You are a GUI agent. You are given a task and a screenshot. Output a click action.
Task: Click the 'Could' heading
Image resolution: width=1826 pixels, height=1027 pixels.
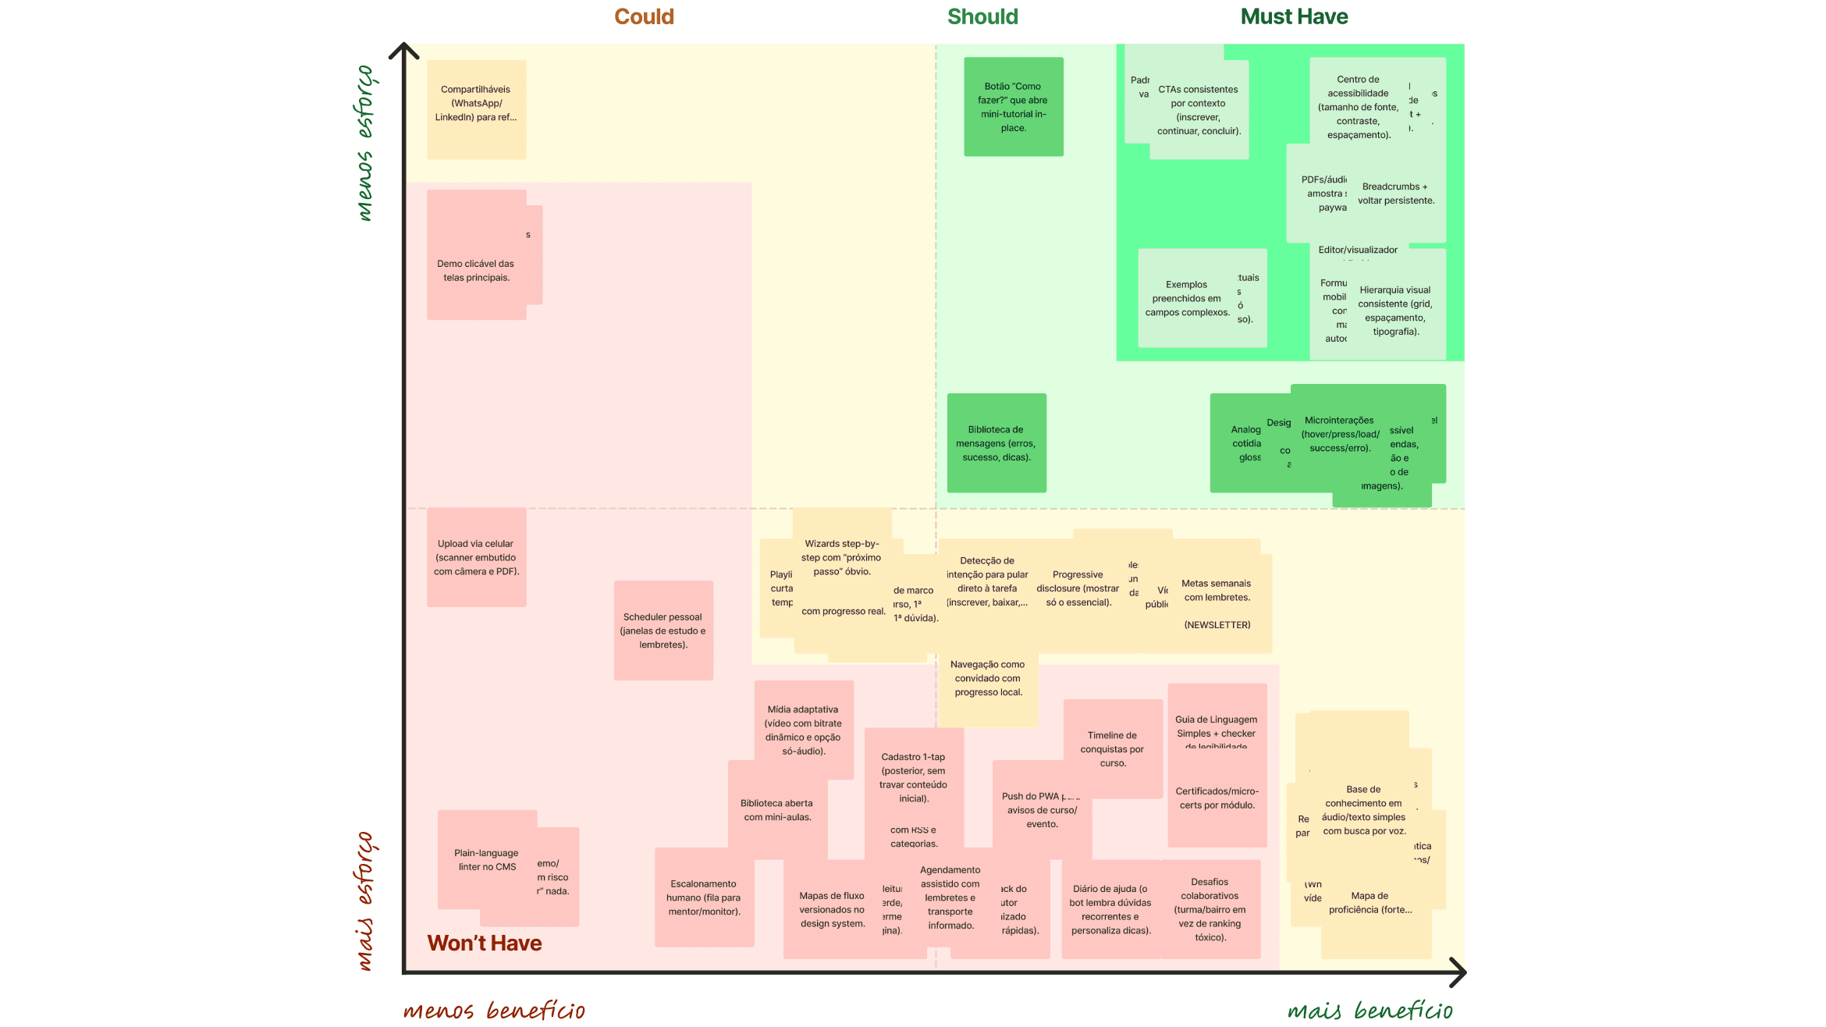[644, 16]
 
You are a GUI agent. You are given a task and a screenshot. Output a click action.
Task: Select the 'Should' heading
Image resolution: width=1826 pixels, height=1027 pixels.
[982, 16]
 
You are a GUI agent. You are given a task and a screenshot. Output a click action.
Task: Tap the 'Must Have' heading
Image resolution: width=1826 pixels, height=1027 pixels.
[1294, 16]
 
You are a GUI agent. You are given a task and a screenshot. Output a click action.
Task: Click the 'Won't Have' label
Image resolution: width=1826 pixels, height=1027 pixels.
[484, 943]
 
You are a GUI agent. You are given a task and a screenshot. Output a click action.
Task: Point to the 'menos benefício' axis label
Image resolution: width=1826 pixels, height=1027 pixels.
[493, 1011]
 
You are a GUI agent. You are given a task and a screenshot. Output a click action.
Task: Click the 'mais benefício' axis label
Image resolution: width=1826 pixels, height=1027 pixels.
[1369, 1011]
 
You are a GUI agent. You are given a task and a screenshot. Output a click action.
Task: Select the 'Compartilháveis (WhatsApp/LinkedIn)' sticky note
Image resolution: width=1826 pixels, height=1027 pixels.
[476, 109]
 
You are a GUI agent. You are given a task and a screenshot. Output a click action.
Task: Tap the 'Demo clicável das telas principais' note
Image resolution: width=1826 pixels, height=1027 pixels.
[476, 270]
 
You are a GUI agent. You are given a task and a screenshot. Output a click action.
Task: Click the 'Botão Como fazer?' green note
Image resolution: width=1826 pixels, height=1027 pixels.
[1013, 107]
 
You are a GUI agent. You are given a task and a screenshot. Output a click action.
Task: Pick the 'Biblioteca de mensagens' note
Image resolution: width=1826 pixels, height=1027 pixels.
[996, 443]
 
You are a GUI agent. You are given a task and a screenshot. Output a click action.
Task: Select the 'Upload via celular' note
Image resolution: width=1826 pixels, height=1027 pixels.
[476, 557]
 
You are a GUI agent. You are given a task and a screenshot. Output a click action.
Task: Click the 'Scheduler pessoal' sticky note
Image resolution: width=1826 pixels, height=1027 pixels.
[663, 631]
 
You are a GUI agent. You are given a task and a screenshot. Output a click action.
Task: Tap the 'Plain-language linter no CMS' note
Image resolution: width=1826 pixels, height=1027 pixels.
[486, 859]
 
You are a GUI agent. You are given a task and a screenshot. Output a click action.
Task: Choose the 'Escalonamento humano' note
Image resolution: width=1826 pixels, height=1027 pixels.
[703, 897]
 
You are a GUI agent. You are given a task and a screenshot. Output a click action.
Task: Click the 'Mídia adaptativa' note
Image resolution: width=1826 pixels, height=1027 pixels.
[803, 730]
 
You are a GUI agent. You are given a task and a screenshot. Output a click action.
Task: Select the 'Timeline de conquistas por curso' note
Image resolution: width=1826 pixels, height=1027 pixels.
[1112, 748]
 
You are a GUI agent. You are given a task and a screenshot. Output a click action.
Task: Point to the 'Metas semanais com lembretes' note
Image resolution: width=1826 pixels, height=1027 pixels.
[1216, 591]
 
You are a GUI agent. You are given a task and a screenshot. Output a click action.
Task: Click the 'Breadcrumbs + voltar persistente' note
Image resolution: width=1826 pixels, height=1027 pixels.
[1396, 194]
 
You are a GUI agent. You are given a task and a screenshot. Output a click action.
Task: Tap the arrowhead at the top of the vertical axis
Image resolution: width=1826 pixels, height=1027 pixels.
[404, 48]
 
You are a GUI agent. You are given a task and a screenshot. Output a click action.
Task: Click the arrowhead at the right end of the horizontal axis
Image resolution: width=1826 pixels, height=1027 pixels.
[1461, 972]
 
